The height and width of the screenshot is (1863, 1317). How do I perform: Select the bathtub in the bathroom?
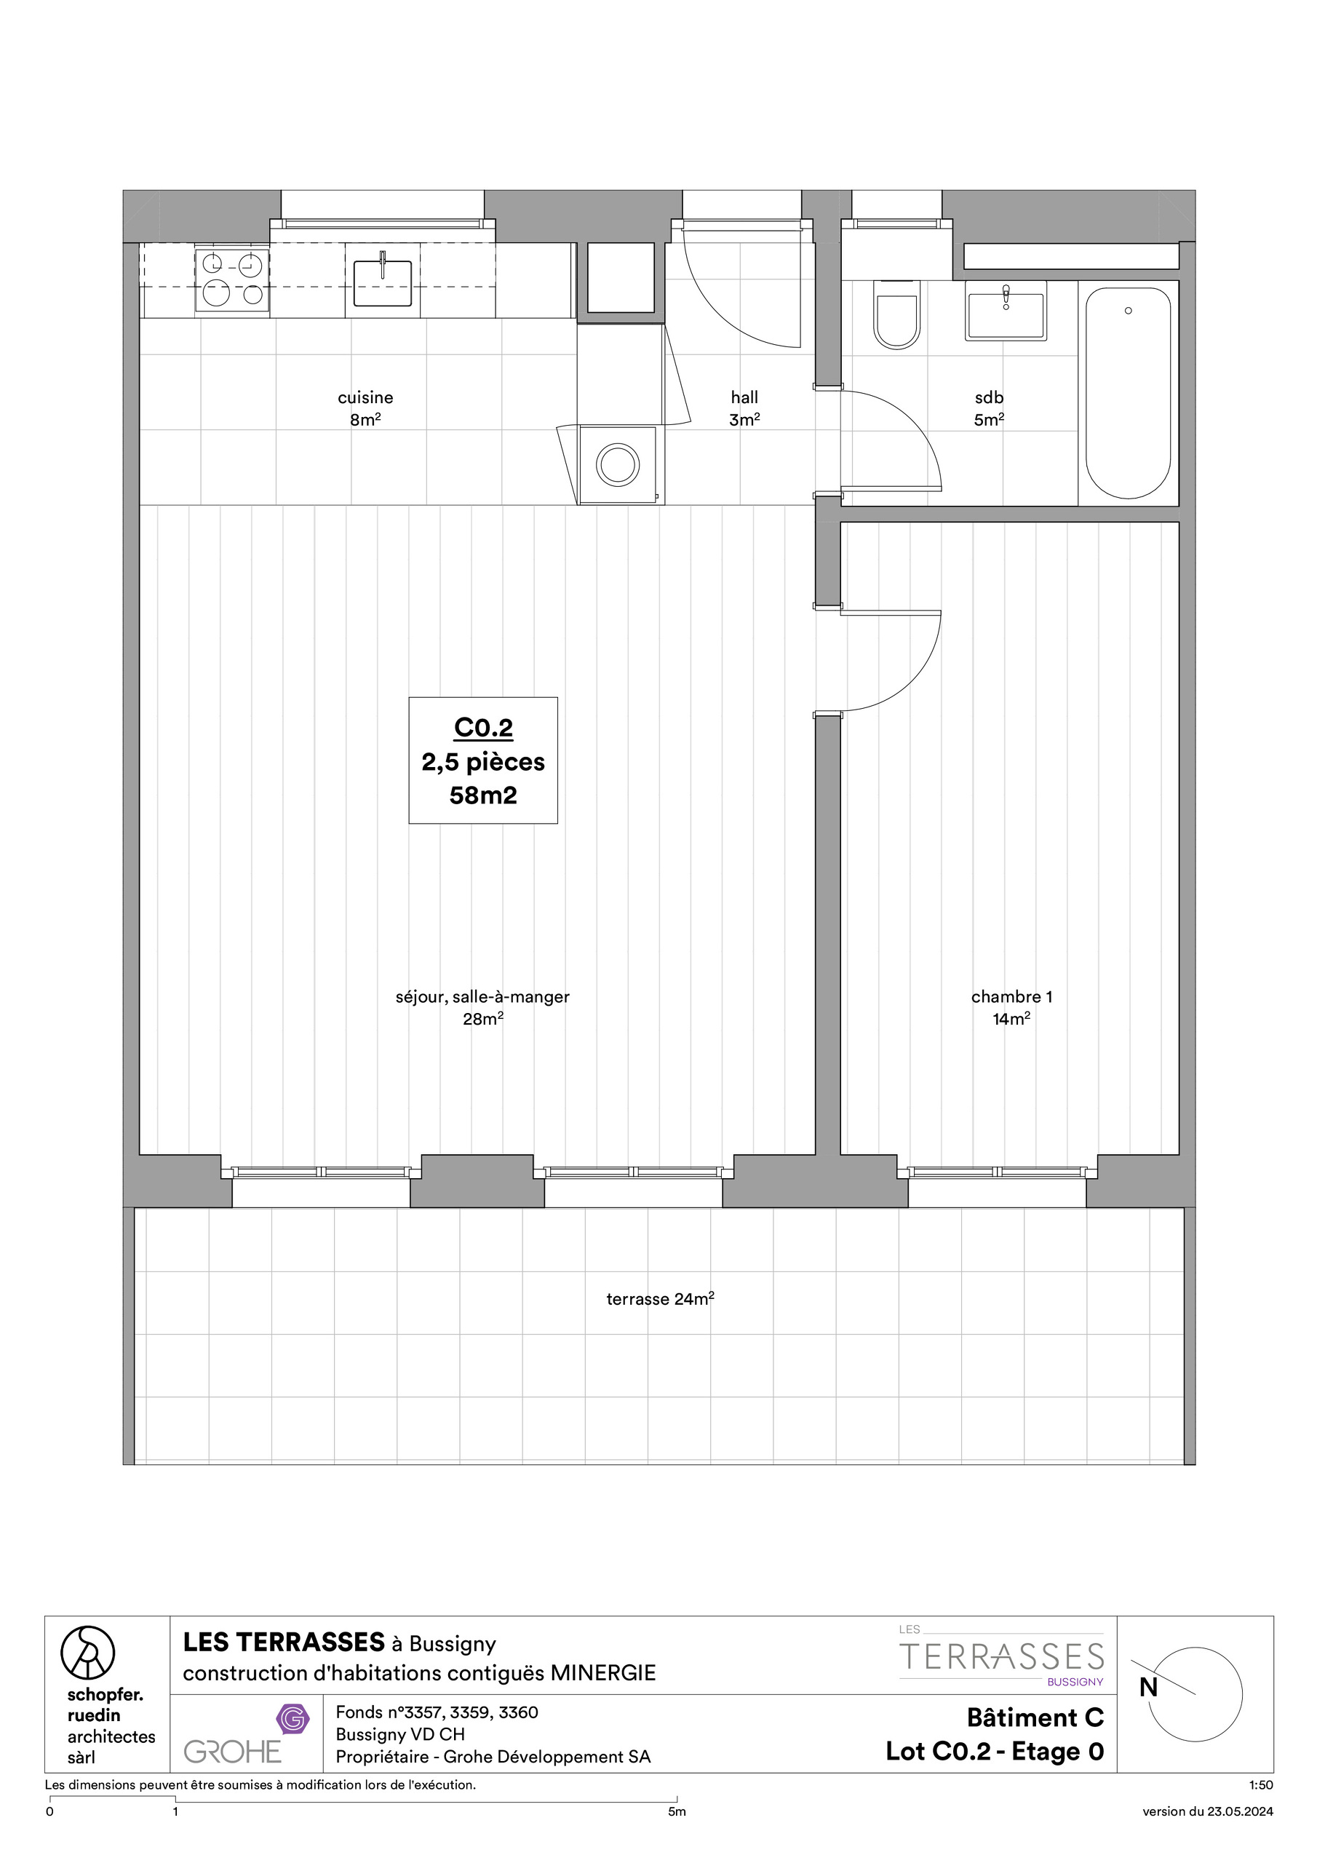1128,393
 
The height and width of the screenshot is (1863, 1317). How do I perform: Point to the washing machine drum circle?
618,465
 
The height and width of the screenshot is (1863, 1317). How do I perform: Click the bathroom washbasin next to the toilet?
1006,311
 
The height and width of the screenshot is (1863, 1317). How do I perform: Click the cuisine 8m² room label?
365,408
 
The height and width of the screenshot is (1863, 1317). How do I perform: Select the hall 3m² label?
744,408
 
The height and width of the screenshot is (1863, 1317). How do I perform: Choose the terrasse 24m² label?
660,1299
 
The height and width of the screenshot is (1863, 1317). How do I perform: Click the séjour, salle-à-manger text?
483,997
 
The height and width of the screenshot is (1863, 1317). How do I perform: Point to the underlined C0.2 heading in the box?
484,728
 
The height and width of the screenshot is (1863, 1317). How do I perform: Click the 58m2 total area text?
484,795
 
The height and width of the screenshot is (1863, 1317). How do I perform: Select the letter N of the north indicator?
1148,1688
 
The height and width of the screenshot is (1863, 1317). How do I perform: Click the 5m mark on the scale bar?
677,1812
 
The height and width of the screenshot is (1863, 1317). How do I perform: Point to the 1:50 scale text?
1261,1785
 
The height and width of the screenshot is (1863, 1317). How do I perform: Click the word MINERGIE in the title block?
603,1672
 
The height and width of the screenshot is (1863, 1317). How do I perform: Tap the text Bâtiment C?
1035,1717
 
